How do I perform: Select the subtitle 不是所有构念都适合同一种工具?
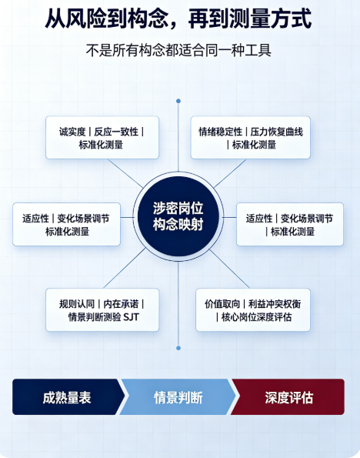click(178, 50)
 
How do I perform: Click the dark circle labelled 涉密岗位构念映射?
click(178, 216)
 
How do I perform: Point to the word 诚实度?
click(72, 132)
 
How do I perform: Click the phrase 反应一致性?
click(116, 132)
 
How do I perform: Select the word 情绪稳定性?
click(221, 132)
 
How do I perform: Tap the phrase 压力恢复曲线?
click(276, 132)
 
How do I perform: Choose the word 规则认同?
click(76, 304)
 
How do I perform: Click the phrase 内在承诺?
click(121, 304)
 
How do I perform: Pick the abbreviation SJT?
click(132, 317)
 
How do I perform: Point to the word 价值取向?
click(222, 304)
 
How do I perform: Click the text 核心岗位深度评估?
click(256, 317)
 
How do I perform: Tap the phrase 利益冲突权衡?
click(275, 304)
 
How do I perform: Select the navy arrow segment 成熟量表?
click(67, 397)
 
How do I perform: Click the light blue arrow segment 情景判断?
click(178, 397)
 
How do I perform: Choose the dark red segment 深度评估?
click(288, 397)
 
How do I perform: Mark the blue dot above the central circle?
click(178, 101)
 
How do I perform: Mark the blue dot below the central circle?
click(178, 348)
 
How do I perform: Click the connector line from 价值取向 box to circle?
click(229, 269)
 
